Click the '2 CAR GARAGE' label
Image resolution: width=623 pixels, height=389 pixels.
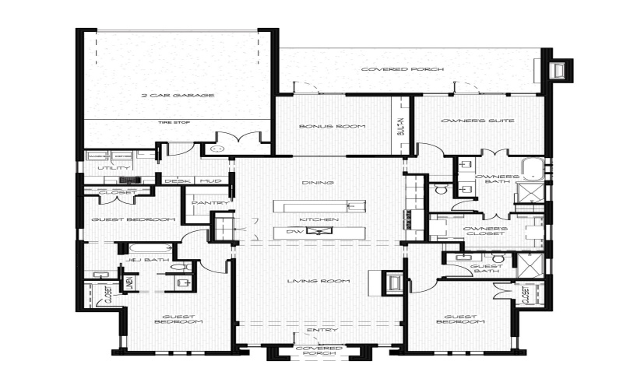[x=178, y=96]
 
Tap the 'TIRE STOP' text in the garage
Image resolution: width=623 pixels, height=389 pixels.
[x=174, y=122]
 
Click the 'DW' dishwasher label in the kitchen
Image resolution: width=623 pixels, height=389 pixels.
[x=294, y=231]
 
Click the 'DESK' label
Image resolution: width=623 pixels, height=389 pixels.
[x=172, y=181]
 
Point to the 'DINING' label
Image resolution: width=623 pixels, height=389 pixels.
[x=321, y=183]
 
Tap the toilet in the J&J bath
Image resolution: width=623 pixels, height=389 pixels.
[x=185, y=266]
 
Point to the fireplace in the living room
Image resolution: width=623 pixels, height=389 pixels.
[x=393, y=283]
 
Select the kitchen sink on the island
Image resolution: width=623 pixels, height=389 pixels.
[x=320, y=231]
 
